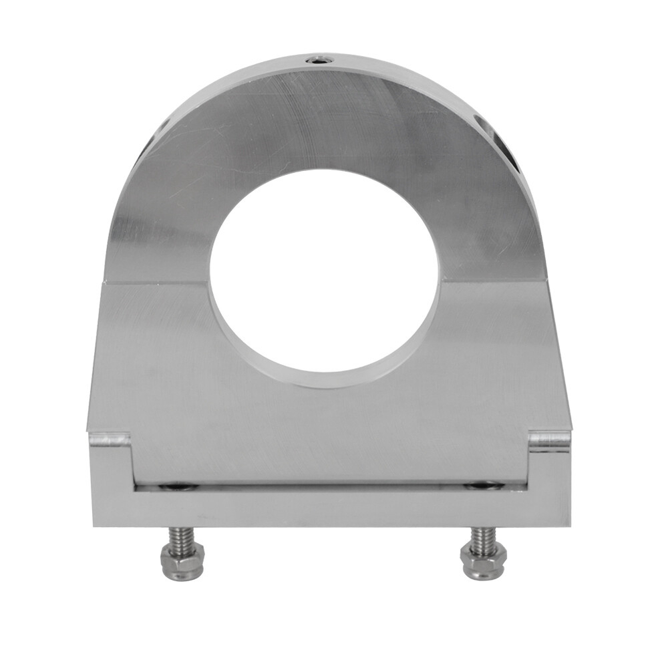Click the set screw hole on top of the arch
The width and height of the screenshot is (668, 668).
(320, 61)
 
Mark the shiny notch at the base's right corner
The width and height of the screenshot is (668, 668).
(549, 441)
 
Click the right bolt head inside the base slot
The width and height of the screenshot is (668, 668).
(482, 486)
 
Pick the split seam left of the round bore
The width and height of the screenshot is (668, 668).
(157, 283)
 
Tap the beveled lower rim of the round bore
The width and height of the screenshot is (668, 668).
(324, 379)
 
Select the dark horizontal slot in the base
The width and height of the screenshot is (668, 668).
(331, 486)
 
